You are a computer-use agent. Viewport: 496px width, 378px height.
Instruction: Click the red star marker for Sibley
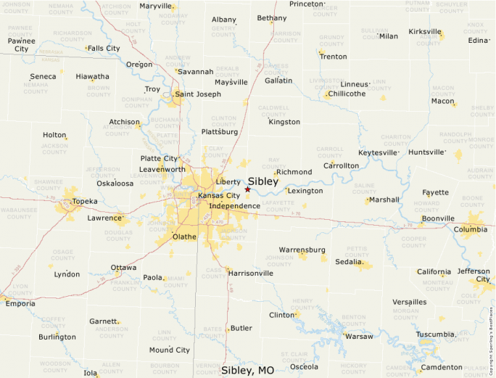tap(247, 189)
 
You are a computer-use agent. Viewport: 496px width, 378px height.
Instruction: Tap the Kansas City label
tap(219, 196)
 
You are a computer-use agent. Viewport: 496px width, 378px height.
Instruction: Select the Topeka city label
tap(85, 201)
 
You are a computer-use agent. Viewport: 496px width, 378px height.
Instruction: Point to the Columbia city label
tap(471, 230)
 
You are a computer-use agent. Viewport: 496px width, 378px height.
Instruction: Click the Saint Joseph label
tap(198, 94)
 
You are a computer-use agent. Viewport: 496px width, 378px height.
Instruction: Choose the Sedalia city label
tap(349, 261)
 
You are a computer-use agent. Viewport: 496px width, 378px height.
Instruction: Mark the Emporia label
tap(20, 303)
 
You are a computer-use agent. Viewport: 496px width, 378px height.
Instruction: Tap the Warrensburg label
tap(302, 250)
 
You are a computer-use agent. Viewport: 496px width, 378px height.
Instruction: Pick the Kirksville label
tap(425, 32)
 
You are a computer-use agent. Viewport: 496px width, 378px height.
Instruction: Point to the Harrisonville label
tap(250, 273)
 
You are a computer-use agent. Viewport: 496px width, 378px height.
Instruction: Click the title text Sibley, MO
tap(248, 370)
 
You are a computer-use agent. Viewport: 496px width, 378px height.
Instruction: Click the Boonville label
tap(437, 218)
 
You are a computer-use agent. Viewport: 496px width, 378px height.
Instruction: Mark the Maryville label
tap(155, 6)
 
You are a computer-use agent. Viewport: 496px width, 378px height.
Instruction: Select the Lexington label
tap(305, 191)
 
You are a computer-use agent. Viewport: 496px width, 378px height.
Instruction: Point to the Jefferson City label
tap(474, 275)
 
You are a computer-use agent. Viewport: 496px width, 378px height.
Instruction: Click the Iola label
tap(91, 373)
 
